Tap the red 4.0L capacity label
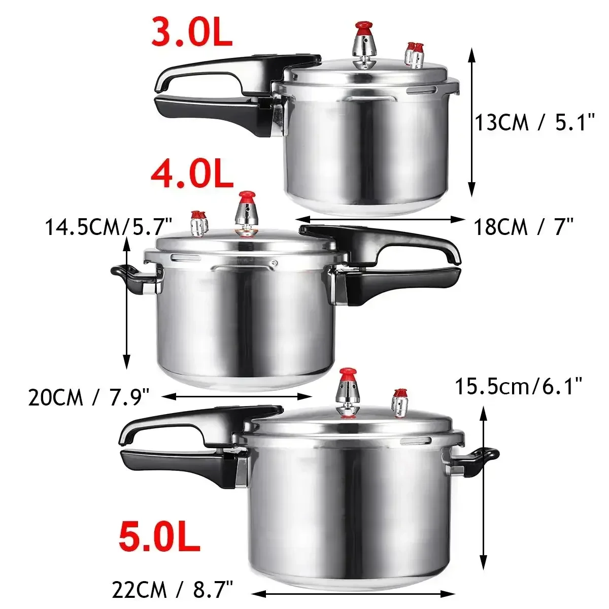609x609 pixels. (192, 175)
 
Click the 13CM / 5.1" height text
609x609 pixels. (534, 123)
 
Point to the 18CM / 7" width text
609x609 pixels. (524, 227)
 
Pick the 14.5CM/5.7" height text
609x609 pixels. (109, 226)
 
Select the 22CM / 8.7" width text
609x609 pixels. (172, 590)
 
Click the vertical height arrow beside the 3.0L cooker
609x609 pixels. (472, 122)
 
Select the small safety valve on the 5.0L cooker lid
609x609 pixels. (400, 403)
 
